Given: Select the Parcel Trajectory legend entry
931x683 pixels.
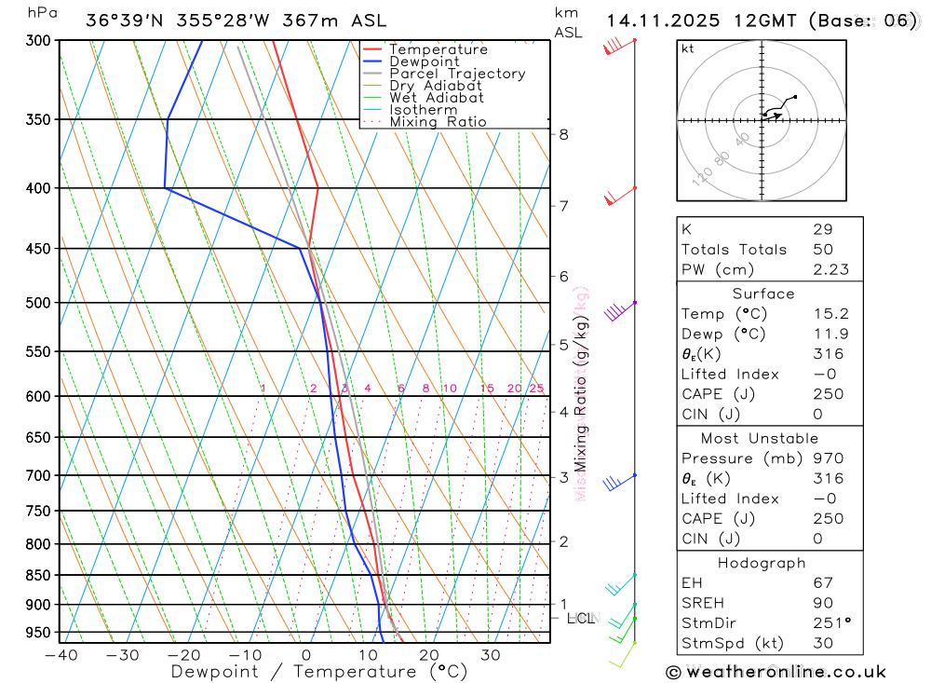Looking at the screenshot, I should (456, 74).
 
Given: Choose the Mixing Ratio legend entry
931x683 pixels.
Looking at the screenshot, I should (438, 122).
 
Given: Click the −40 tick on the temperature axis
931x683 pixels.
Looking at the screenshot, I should (61, 655).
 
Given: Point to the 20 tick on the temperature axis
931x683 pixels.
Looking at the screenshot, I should (429, 655).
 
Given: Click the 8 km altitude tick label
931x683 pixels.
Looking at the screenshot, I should (564, 134).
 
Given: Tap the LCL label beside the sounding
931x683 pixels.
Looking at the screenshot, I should (580, 618).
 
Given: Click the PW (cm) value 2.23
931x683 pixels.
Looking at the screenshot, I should (828, 269).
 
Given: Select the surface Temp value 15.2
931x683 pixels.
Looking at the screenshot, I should (828, 314).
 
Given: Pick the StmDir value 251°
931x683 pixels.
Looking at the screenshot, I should (831, 623).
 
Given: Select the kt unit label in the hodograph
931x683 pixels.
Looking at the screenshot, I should (688, 48).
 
